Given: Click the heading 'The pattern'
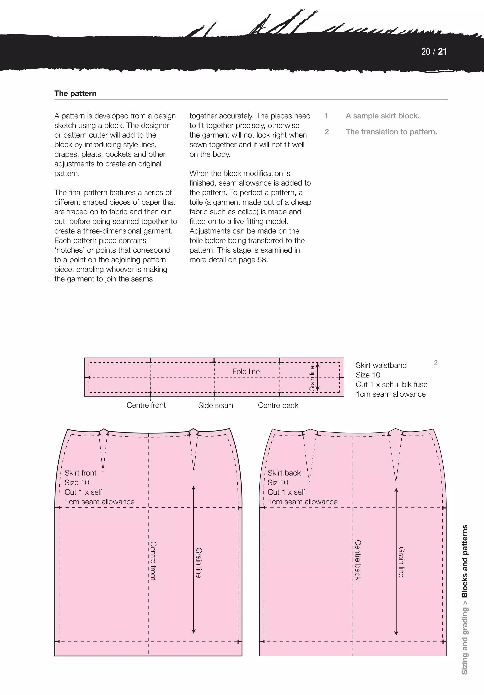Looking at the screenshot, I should pos(75,93).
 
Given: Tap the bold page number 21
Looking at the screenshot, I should pos(442,52).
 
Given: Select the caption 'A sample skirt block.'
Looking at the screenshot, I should pos(382,116).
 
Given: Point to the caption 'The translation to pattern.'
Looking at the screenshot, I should pos(391,132).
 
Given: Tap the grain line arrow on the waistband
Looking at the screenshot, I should pos(318,377).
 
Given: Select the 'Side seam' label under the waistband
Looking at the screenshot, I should pos(216,405).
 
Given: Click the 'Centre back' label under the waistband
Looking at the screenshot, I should pos(278,405).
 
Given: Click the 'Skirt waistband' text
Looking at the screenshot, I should pos(381,365).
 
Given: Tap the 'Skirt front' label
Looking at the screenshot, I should pos(80,473).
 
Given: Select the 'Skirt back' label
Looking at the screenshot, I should pos(284,473).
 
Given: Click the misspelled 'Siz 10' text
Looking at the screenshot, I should pos(278,483).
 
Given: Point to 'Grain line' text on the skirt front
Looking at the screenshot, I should pos(199,563).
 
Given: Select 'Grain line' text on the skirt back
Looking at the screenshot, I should pos(401,562).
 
